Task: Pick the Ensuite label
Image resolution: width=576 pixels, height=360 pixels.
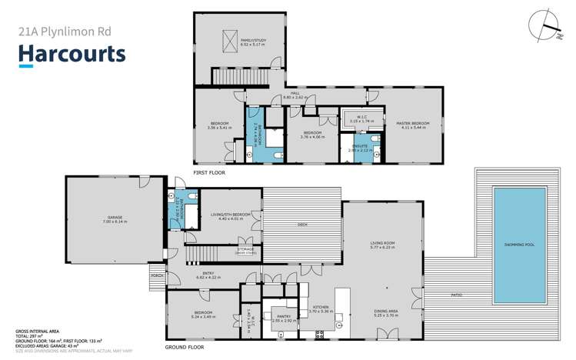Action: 359,148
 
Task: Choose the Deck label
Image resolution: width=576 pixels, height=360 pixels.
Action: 302,225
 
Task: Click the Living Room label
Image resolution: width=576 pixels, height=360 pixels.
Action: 382,245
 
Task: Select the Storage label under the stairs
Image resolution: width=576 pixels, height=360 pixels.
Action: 246,249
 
